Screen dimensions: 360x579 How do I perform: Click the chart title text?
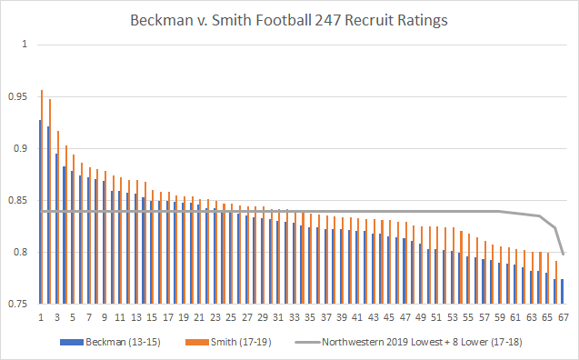(289, 17)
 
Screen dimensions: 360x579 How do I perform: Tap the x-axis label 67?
(563, 318)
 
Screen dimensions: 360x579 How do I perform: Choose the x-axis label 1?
(41, 318)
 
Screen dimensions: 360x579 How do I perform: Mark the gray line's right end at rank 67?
(564, 254)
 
